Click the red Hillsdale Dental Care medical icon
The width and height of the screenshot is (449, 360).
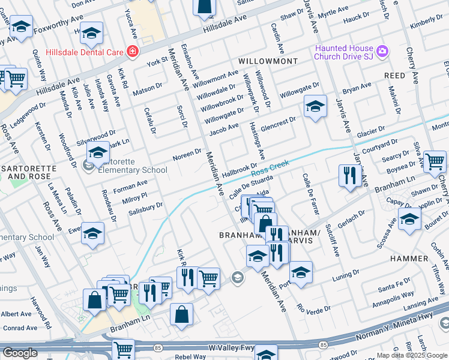[x=131, y=52]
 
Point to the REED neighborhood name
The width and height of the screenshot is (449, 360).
[x=394, y=76]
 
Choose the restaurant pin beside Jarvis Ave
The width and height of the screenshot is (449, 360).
[x=348, y=175]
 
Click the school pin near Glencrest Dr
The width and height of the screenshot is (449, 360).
[x=315, y=106]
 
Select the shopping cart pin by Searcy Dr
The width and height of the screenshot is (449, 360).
[x=435, y=161]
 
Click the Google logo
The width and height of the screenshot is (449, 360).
[x=20, y=353]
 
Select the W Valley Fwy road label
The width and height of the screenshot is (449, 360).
[x=214, y=347]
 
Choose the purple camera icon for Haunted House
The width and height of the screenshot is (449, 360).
[x=383, y=52]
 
